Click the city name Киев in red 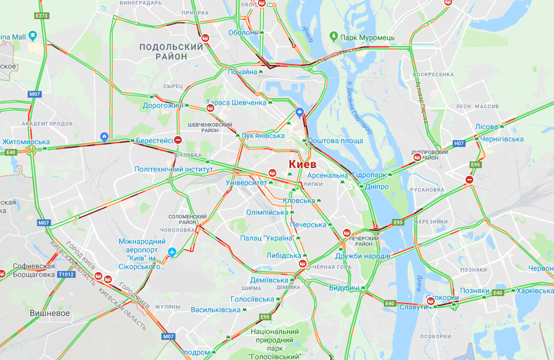coord(302,165)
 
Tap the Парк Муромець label coord(367,38)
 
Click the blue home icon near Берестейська coord(104,137)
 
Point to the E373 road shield coord(41,16)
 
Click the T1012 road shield coord(65,274)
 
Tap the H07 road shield coord(459,144)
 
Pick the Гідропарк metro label coord(370,175)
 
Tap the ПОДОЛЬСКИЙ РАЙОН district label coord(171,52)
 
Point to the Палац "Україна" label coord(267,238)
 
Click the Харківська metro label coord(534,291)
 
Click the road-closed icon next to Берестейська coord(178,140)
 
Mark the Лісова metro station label coord(486,127)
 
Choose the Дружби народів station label coord(363,256)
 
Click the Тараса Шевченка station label coord(236,102)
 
